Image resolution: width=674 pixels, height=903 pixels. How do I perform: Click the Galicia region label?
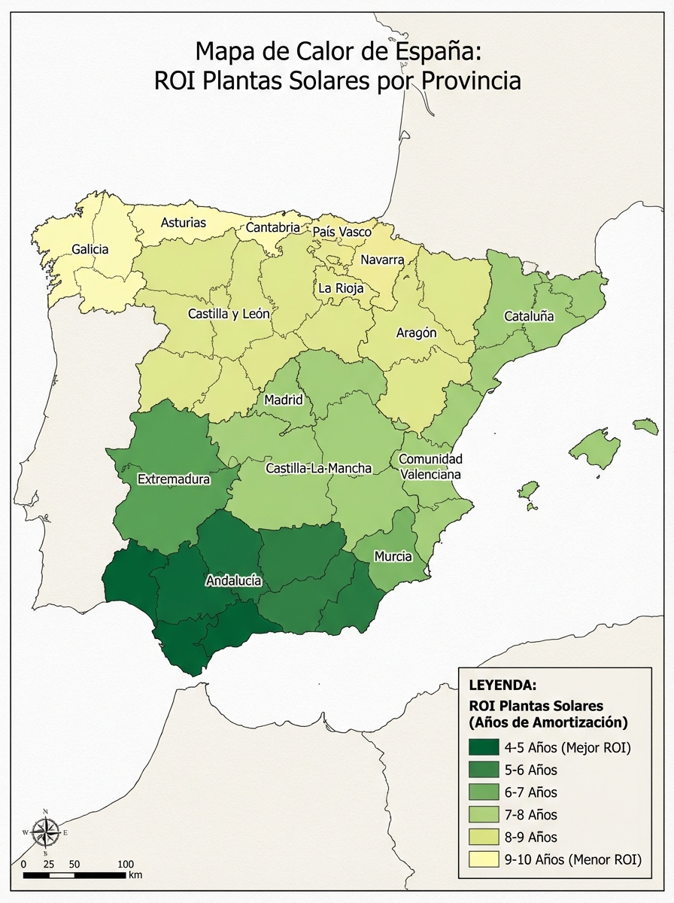tap(90, 249)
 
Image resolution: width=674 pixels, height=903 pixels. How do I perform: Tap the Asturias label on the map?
tap(184, 223)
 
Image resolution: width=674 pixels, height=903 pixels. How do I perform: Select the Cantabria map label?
tap(273, 227)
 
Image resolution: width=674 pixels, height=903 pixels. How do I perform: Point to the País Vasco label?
tap(342, 232)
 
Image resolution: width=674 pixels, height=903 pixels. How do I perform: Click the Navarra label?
tap(382, 260)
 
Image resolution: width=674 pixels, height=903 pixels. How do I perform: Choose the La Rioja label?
tap(341, 288)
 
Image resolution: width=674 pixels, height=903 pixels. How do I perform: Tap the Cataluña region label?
tap(529, 316)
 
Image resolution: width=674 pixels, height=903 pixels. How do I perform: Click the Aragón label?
tap(416, 333)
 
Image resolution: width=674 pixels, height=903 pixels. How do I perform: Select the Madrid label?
tap(283, 400)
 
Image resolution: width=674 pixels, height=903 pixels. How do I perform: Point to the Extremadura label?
tap(174, 479)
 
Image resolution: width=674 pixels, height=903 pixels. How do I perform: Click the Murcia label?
tap(393, 556)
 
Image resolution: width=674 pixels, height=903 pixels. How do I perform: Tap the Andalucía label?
tap(233, 580)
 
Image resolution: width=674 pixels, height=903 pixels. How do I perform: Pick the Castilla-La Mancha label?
tap(318, 468)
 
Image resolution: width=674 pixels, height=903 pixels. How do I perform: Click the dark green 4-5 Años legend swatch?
tap(483, 748)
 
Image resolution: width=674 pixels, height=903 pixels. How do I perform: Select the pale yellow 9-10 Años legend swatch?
tap(483, 859)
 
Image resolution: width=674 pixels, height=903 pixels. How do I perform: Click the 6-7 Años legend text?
tap(531, 792)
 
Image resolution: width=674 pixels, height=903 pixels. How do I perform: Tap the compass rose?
tap(47, 832)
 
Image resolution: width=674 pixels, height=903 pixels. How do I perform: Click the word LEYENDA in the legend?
tap(502, 686)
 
